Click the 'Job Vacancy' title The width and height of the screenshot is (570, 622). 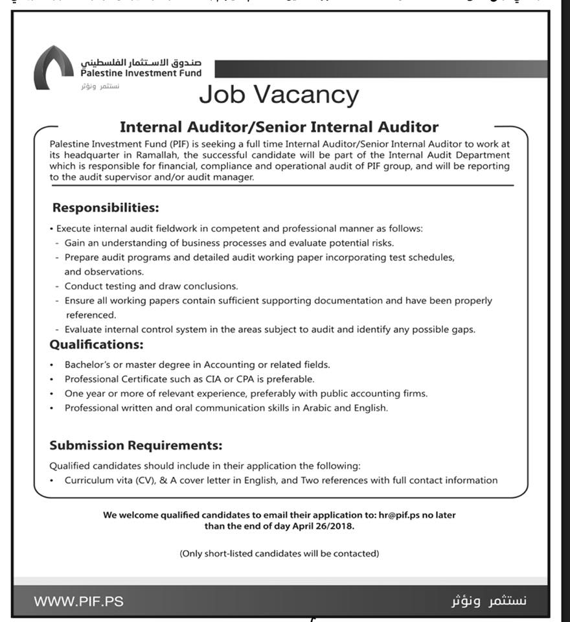[279, 95]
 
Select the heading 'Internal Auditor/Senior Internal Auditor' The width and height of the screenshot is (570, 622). [279, 127]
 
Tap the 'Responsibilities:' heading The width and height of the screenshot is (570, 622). [106, 208]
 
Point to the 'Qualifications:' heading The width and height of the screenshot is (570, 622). [97, 344]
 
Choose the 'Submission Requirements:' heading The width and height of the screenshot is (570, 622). [136, 445]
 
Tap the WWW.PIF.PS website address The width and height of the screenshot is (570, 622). [78, 601]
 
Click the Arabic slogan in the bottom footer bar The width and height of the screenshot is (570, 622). [489, 601]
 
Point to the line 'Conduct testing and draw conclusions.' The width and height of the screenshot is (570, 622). [152, 286]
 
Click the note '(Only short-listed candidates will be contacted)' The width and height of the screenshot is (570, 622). [279, 553]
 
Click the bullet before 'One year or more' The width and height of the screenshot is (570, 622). [52, 393]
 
